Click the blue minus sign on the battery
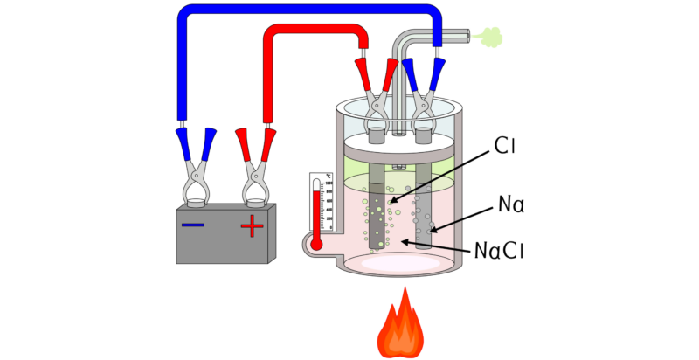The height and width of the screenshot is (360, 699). [193, 225]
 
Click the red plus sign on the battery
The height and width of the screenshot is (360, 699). [252, 227]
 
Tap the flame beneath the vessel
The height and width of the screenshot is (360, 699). [400, 328]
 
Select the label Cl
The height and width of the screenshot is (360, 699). [505, 146]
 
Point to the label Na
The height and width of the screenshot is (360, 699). [510, 205]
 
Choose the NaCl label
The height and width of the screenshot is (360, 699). [498, 251]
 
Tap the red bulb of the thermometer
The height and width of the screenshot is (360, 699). [316, 244]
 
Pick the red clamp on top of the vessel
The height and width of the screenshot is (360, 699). [377, 92]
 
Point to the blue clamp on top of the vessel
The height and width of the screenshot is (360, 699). [424, 92]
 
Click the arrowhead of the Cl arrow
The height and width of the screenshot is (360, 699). [393, 201]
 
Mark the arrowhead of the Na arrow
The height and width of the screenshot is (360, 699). [432, 231]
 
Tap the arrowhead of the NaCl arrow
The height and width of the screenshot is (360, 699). [405, 241]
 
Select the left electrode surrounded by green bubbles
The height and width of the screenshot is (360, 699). [377, 214]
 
